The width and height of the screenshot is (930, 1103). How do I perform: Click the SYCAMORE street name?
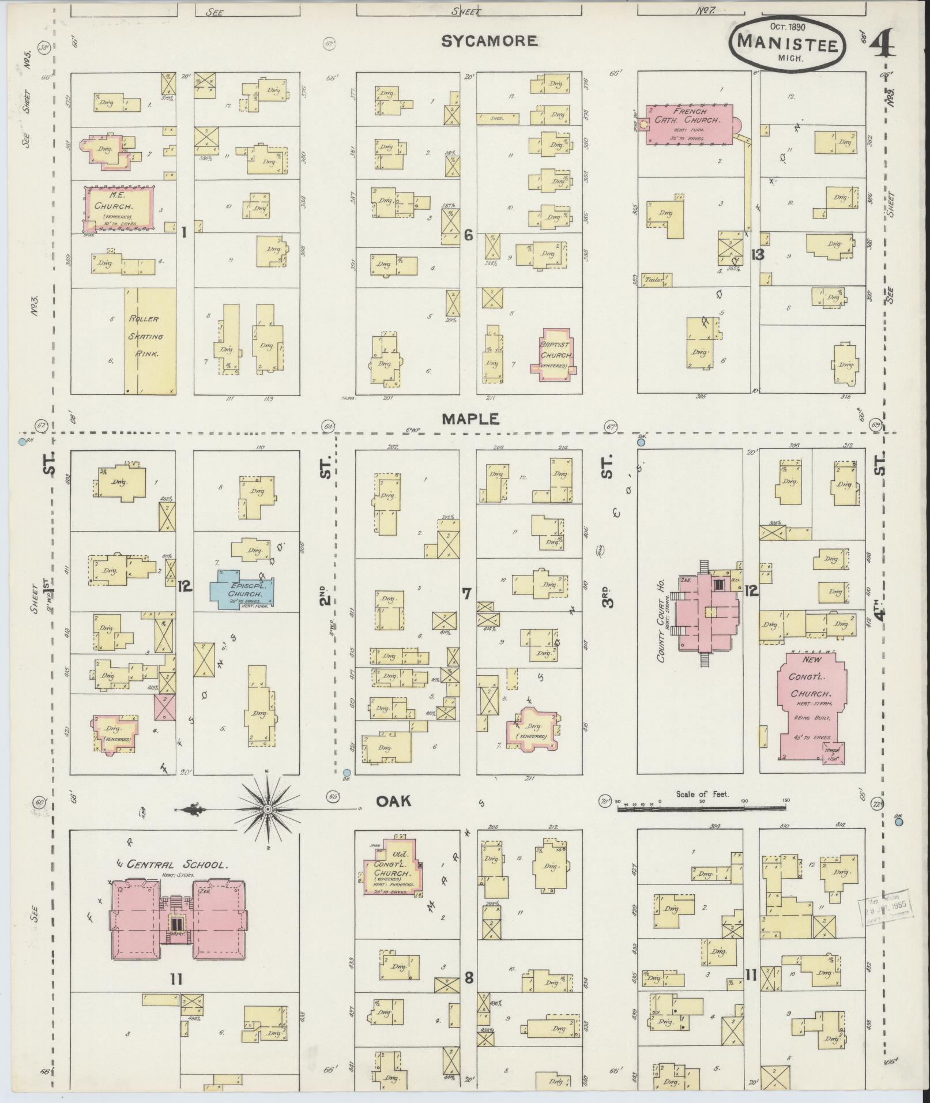(x=490, y=41)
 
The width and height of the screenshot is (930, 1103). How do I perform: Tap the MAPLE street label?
(x=470, y=419)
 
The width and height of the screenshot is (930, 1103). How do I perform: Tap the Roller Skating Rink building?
(x=150, y=341)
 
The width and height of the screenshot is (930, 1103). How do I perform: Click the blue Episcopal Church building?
(x=242, y=589)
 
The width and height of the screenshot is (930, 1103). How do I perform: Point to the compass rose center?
(x=268, y=810)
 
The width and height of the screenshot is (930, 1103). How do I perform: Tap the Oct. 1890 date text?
(x=788, y=27)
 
